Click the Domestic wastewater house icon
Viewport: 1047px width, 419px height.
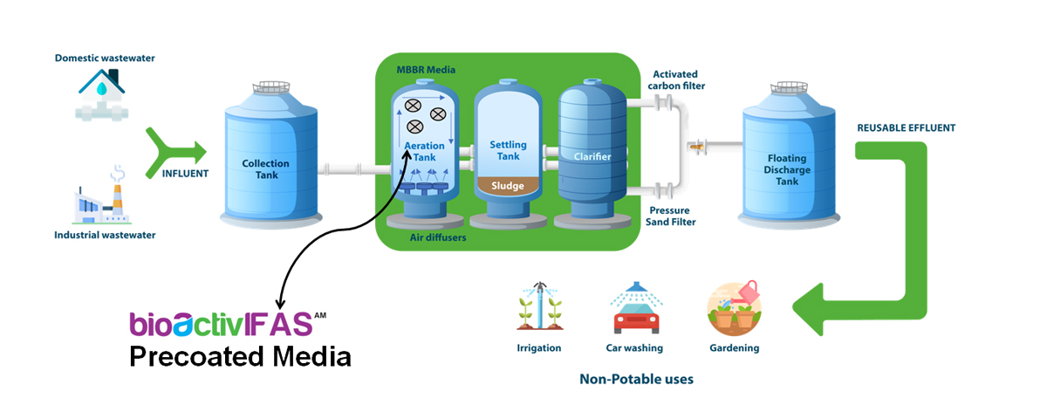(x=104, y=93)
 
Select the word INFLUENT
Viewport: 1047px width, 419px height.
(x=186, y=173)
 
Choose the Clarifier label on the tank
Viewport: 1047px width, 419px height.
(x=592, y=157)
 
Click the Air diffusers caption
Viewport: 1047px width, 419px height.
(x=437, y=237)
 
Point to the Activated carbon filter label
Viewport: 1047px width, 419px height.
(x=677, y=80)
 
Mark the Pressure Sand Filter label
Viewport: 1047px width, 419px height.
(x=671, y=216)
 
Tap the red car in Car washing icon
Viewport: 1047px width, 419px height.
(x=636, y=319)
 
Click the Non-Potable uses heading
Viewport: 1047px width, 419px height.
(x=636, y=380)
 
